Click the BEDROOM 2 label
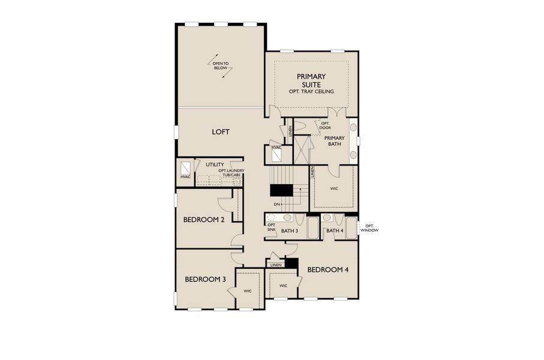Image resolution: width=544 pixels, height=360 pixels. (203, 220)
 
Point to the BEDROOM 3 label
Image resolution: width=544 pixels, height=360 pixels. (205, 279)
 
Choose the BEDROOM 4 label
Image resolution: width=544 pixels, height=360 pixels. (327, 270)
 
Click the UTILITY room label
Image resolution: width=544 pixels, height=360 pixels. (215, 164)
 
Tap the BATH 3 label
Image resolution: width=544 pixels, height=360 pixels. (290, 231)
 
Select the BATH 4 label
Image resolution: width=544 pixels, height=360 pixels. (334, 231)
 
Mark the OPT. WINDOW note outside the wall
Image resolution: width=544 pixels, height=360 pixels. (369, 228)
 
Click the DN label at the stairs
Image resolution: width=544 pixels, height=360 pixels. (276, 205)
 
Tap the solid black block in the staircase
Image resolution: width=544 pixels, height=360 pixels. (279, 190)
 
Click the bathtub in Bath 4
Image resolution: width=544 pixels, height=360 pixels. (351, 228)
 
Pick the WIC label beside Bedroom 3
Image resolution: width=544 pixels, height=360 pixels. (247, 290)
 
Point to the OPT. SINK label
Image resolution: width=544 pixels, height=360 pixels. (271, 227)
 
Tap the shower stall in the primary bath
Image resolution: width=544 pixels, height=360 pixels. (301, 149)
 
